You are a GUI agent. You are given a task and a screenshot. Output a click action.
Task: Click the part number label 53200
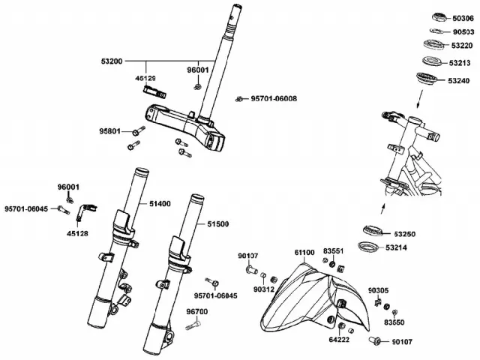112,61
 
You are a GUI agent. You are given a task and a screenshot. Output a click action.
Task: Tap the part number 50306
463,19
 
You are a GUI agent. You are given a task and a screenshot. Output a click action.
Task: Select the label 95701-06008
274,99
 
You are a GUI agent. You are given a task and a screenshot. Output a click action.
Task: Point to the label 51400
160,204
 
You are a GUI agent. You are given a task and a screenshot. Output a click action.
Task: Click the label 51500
218,224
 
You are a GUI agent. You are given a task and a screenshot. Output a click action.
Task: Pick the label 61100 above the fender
304,253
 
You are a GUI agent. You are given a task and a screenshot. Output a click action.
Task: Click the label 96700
197,312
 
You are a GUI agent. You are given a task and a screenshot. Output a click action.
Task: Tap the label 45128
77,233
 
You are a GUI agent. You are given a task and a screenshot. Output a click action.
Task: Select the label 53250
405,234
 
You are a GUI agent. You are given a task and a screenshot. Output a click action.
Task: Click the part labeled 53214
368,247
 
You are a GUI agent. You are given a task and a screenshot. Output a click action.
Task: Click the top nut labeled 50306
440,17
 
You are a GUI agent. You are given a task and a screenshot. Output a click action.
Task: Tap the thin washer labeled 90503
438,31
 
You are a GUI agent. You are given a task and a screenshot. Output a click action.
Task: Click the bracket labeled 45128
86,211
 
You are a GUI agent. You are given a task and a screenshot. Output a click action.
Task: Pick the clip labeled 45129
155,92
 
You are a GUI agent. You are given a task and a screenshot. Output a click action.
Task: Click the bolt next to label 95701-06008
240,99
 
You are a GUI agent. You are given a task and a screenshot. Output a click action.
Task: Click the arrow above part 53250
383,209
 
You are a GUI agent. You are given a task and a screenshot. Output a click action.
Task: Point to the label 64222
339,340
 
